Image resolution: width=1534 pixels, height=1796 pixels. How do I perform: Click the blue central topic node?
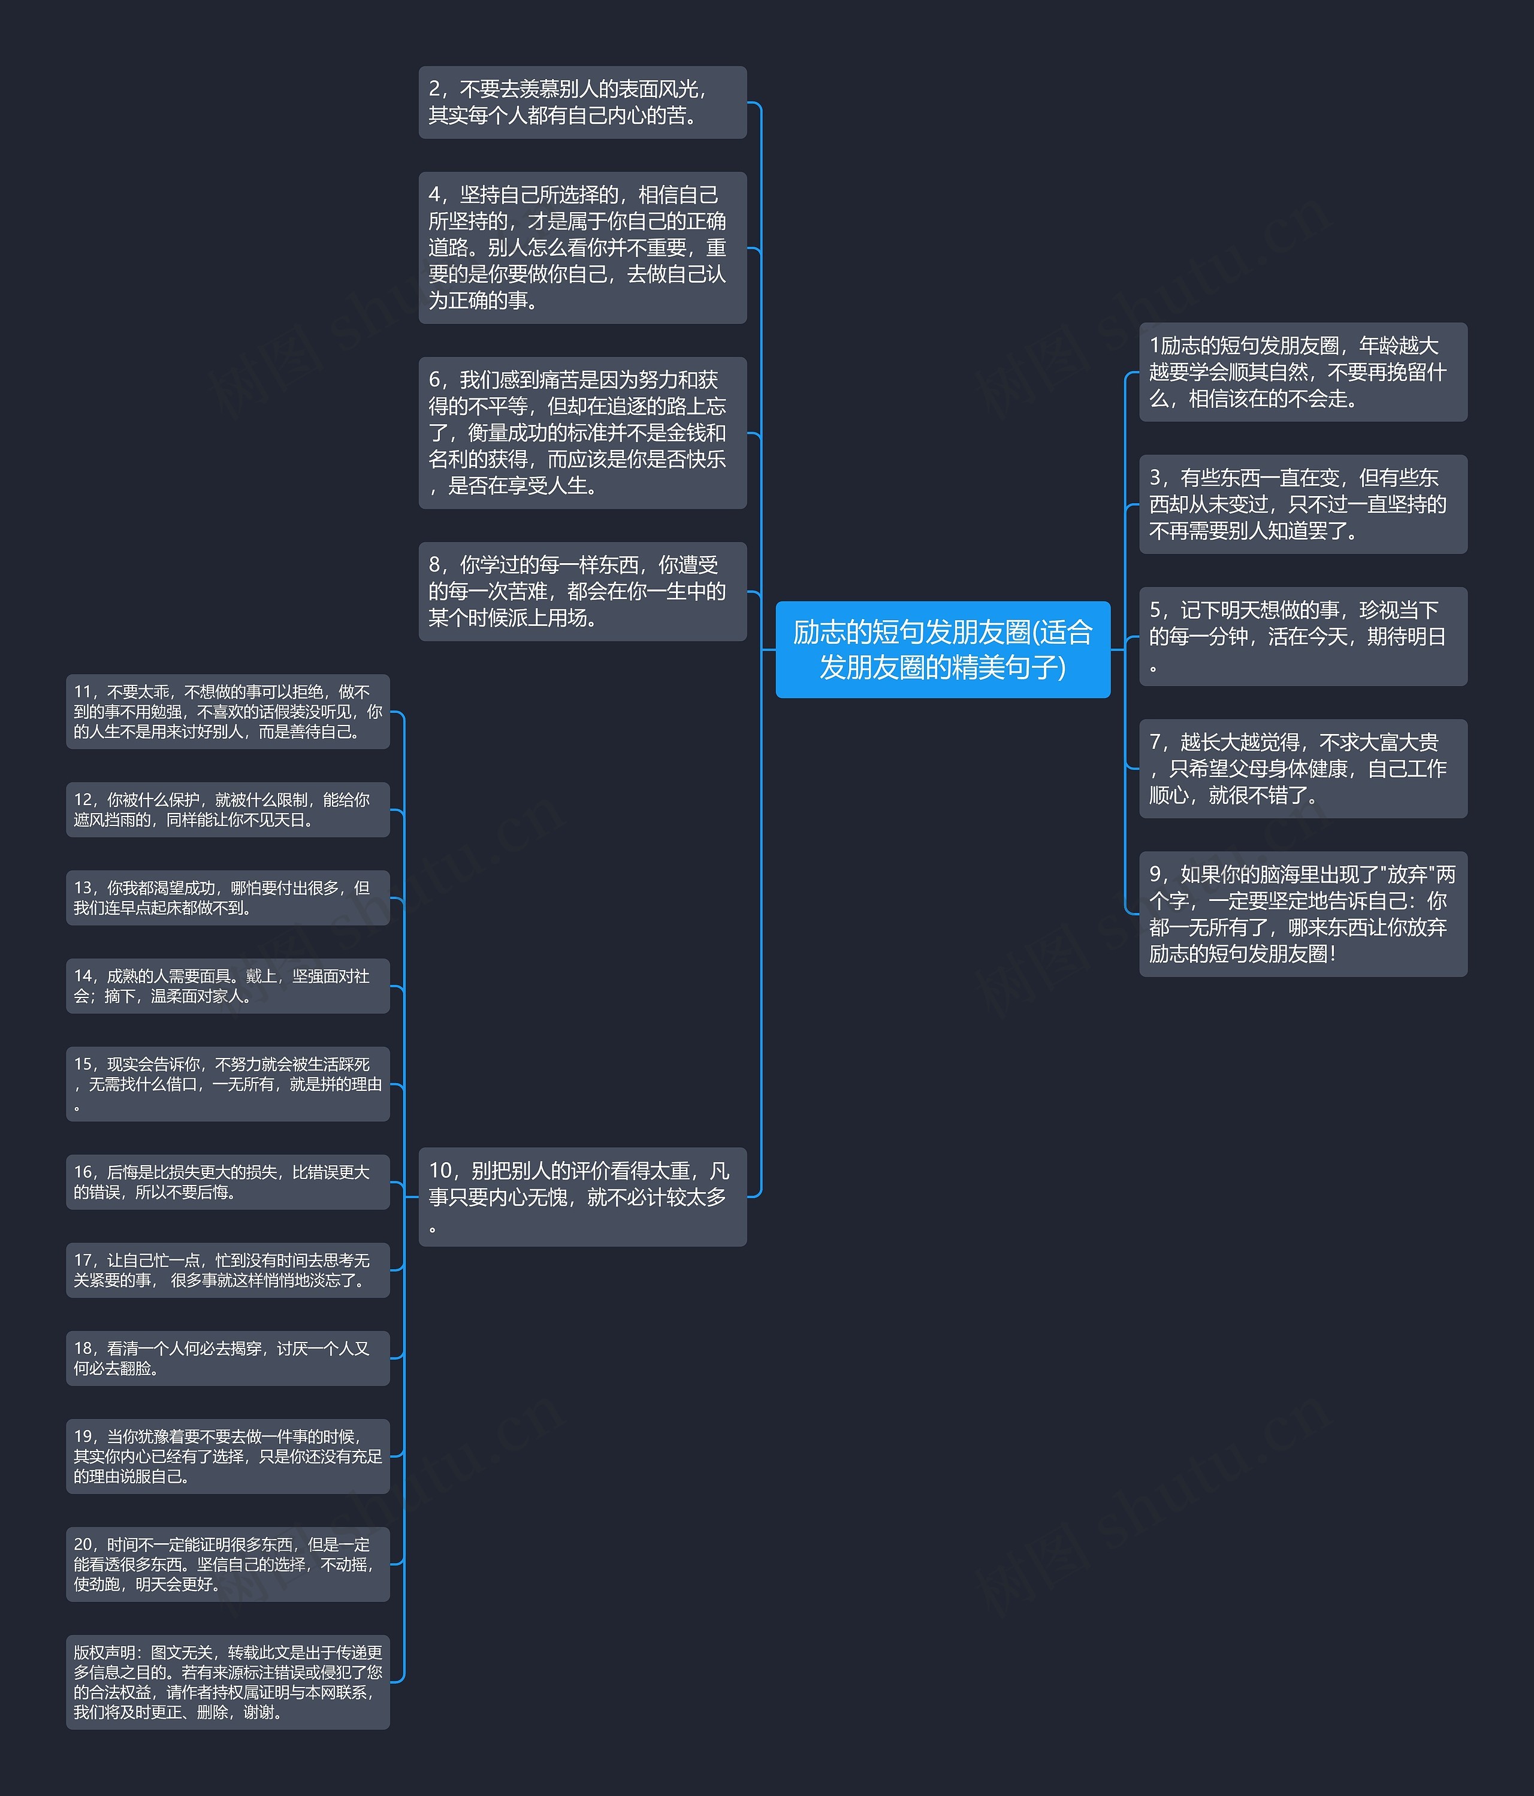943,649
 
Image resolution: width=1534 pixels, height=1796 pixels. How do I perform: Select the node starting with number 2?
582,102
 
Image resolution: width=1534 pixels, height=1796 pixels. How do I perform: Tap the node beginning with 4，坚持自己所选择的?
582,248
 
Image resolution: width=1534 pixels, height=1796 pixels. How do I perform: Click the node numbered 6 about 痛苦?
582,433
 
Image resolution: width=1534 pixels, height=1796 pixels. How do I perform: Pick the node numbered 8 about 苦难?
582,591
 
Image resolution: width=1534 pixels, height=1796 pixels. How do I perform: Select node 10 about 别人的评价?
582,1196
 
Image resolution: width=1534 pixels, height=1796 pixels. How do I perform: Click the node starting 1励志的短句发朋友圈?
1303,372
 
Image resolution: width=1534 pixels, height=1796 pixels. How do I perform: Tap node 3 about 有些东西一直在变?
1303,504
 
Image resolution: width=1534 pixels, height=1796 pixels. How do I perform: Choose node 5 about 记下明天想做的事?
1303,636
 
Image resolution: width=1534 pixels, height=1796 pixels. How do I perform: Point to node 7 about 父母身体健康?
1303,768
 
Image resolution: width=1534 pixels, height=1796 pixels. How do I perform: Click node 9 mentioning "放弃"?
1303,914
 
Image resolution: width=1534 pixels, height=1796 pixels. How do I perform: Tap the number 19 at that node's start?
84,1437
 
